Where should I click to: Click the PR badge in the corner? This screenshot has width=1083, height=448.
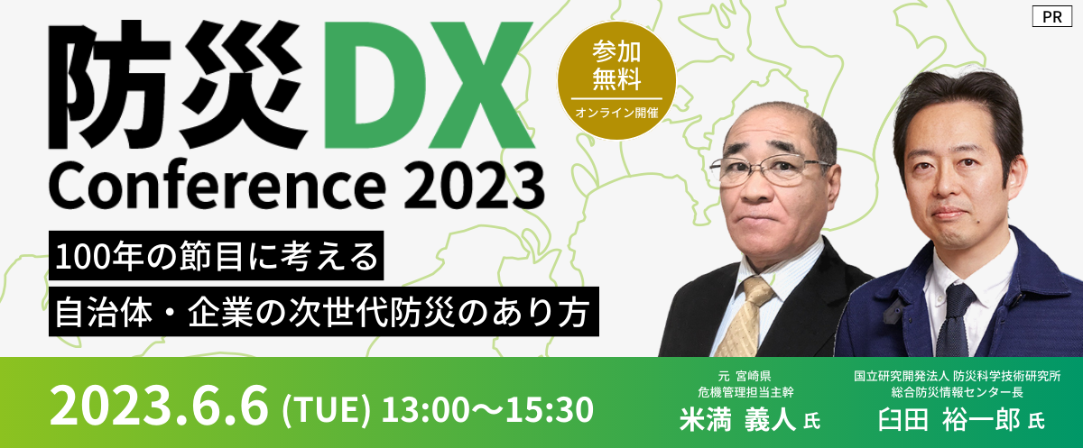click(x=1052, y=17)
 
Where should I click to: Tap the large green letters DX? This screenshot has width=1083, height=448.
click(x=429, y=85)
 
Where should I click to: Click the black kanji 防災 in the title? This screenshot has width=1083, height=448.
click(x=179, y=85)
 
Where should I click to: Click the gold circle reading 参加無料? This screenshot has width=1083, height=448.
click(x=616, y=80)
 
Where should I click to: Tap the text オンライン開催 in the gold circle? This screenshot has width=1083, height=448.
click(x=616, y=113)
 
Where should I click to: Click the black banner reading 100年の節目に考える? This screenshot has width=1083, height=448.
click(x=216, y=255)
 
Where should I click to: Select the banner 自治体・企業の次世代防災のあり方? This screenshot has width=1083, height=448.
click(x=323, y=311)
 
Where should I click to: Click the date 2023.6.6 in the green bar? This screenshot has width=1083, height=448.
click(x=159, y=406)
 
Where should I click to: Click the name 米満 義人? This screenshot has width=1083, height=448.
click(x=737, y=420)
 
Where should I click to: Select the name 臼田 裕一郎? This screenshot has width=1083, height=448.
click(x=949, y=420)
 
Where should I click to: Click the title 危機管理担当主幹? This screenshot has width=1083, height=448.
click(x=746, y=392)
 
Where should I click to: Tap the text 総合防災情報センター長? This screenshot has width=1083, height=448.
click(x=958, y=392)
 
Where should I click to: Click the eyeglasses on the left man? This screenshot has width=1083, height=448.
click(x=769, y=170)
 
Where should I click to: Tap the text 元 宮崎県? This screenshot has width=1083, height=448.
click(x=745, y=376)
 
